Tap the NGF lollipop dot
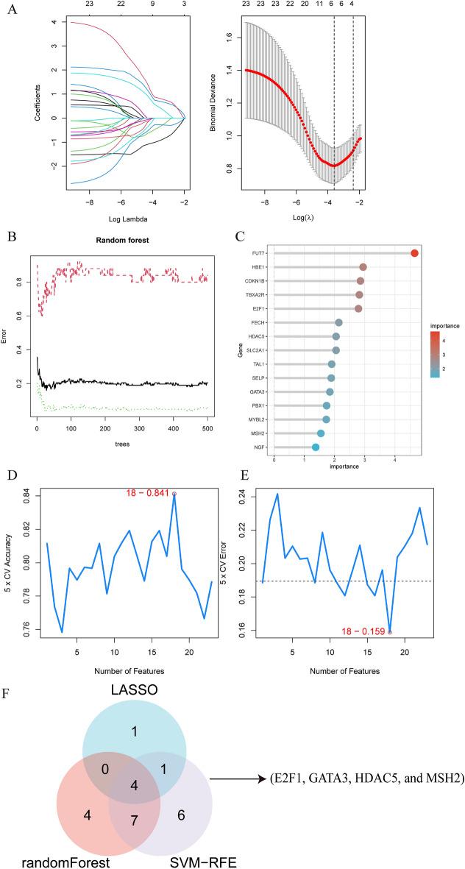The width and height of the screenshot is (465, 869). point(316,447)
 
